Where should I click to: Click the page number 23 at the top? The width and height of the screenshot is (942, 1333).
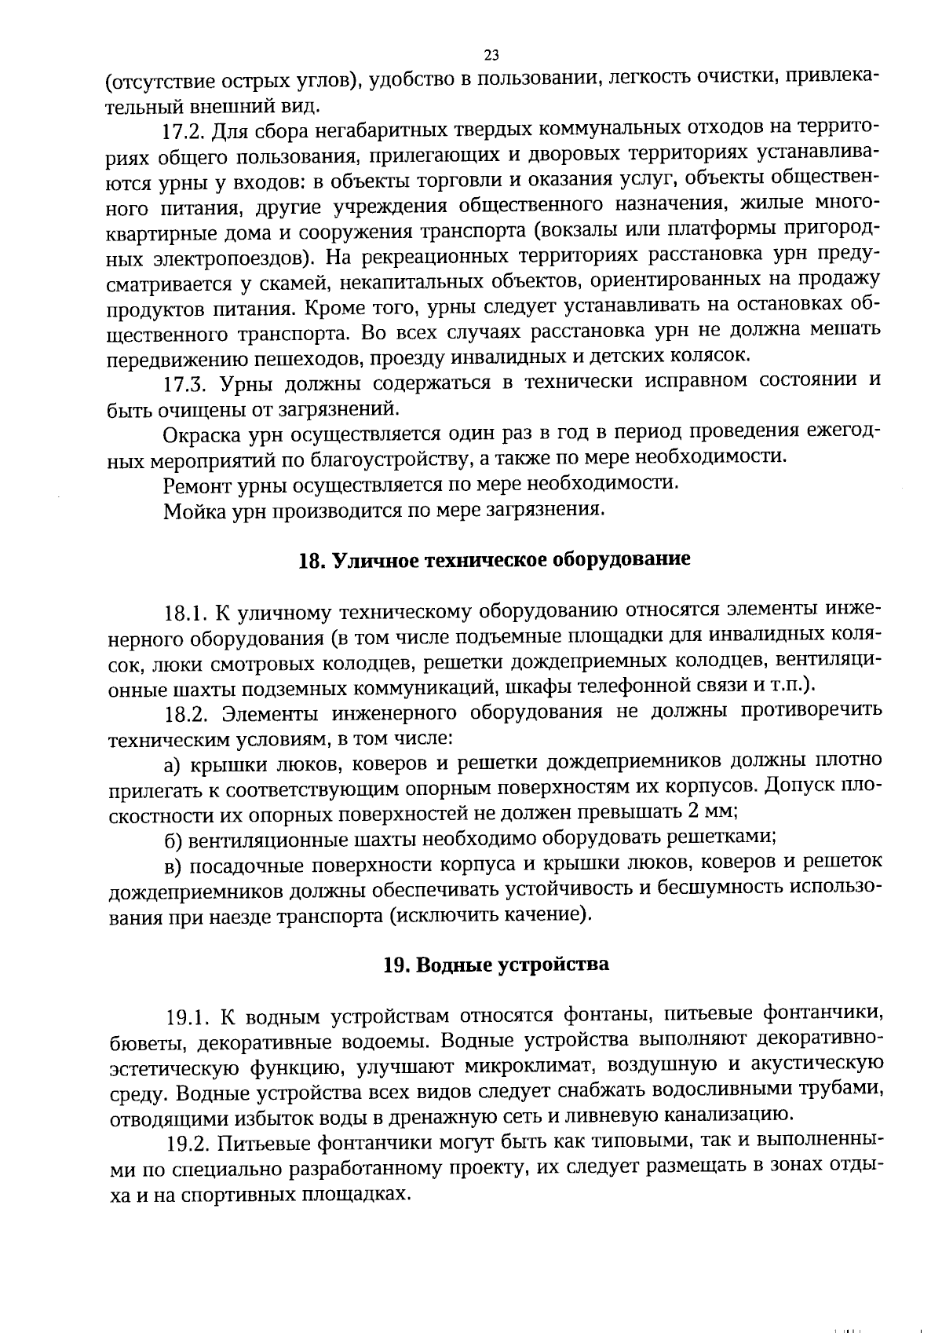click(492, 55)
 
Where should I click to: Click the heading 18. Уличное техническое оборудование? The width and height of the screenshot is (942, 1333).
click(495, 560)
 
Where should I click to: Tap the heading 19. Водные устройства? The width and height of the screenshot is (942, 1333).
click(496, 964)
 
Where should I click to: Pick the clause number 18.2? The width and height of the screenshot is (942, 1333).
click(186, 714)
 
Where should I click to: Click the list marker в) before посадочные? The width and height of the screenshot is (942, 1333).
click(173, 866)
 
